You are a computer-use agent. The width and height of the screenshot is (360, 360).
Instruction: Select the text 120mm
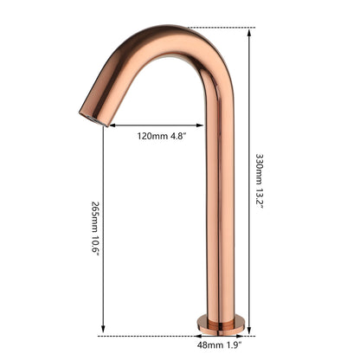pos(148,136)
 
